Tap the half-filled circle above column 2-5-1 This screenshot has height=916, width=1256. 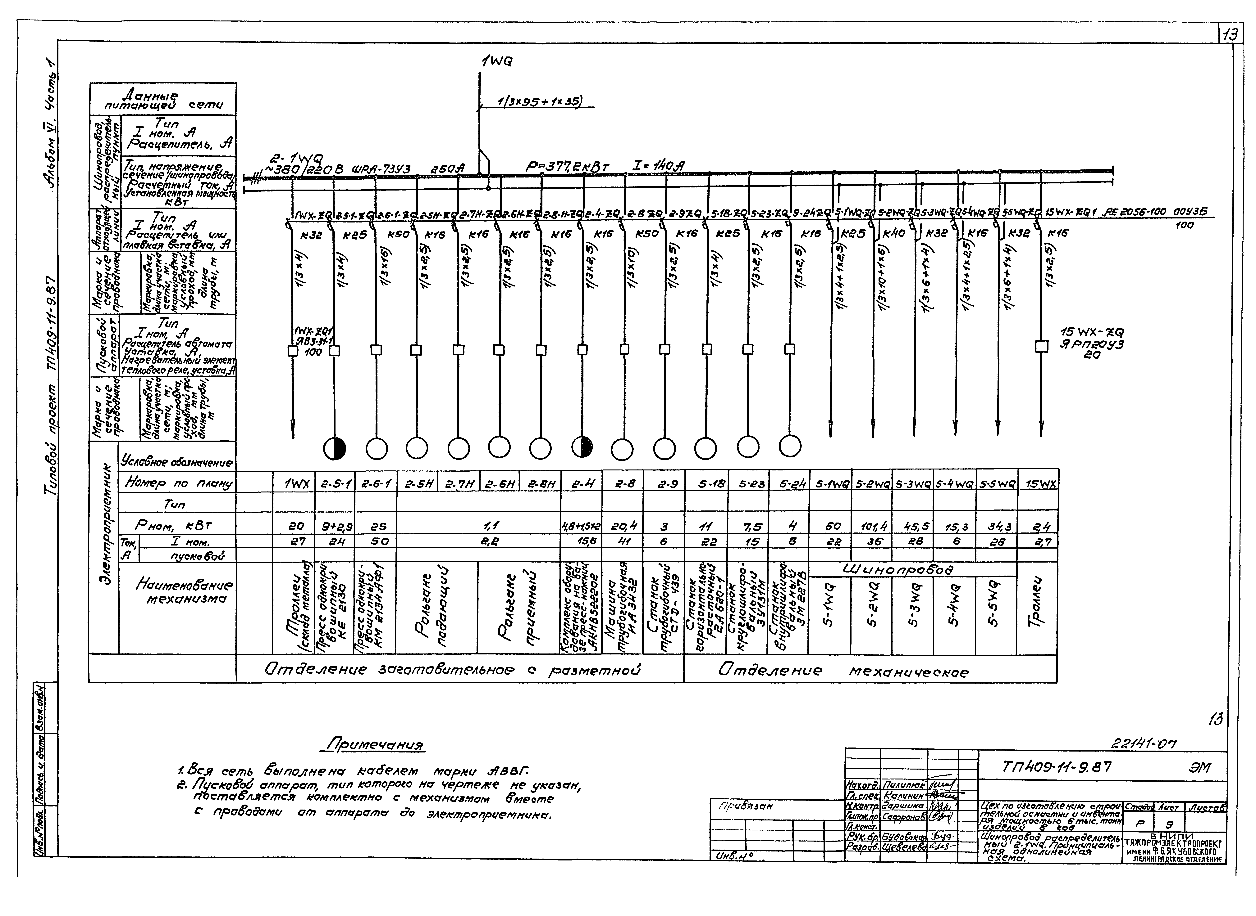click(335, 448)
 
